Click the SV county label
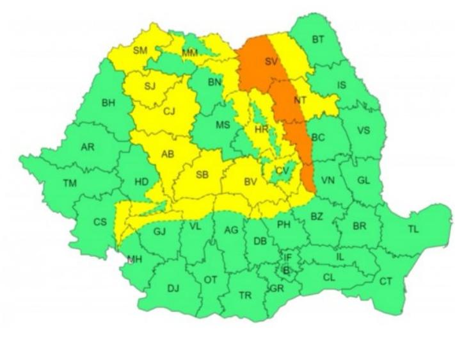pyautogui.click(x=271, y=62)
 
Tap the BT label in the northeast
pyautogui.click(x=318, y=40)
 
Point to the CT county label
pyautogui.click(x=386, y=281)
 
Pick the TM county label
pyautogui.click(x=70, y=183)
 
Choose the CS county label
pyautogui.click(x=100, y=222)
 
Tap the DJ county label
pyautogui.click(x=173, y=288)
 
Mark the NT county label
pyautogui.click(x=299, y=100)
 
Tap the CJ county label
pyautogui.click(x=169, y=111)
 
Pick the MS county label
pyautogui.click(x=222, y=125)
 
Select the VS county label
pyautogui.click(x=363, y=130)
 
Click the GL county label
pyautogui.click(x=363, y=180)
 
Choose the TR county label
pyautogui.click(x=244, y=295)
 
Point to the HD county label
pyautogui.click(x=141, y=181)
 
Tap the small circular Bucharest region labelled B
pyautogui.click(x=287, y=271)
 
